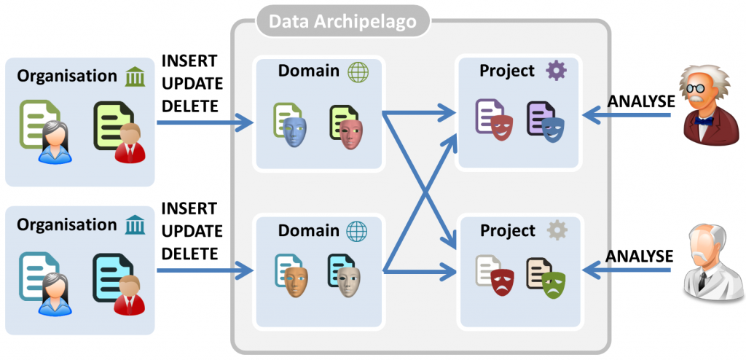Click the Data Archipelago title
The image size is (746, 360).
342,22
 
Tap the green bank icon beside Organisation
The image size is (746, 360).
135,76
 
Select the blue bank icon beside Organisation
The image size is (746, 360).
135,225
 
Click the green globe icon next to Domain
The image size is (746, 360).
357,71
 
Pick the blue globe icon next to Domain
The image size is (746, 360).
357,231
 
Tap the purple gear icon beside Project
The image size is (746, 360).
556,71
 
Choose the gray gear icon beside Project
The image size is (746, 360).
557,230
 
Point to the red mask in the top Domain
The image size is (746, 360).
350,130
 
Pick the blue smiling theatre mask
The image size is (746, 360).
551,128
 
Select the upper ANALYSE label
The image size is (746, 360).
641,101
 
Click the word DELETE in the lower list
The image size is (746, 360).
189,254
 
